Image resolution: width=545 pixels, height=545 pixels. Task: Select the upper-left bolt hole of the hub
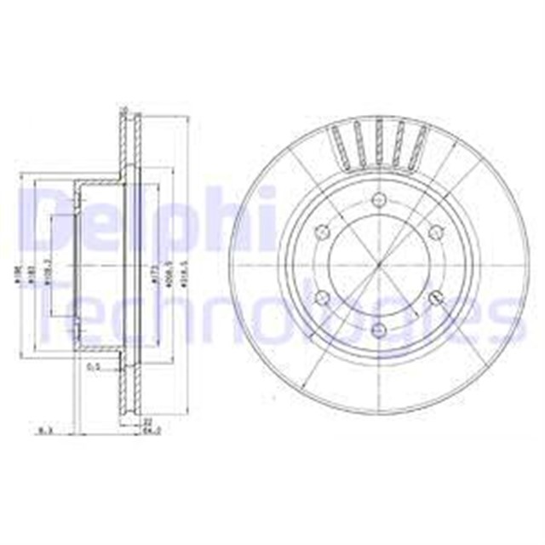(x=322, y=232)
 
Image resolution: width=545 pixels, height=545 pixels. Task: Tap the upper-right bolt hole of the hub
(x=435, y=232)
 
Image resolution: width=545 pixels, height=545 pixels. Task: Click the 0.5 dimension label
(x=94, y=367)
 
